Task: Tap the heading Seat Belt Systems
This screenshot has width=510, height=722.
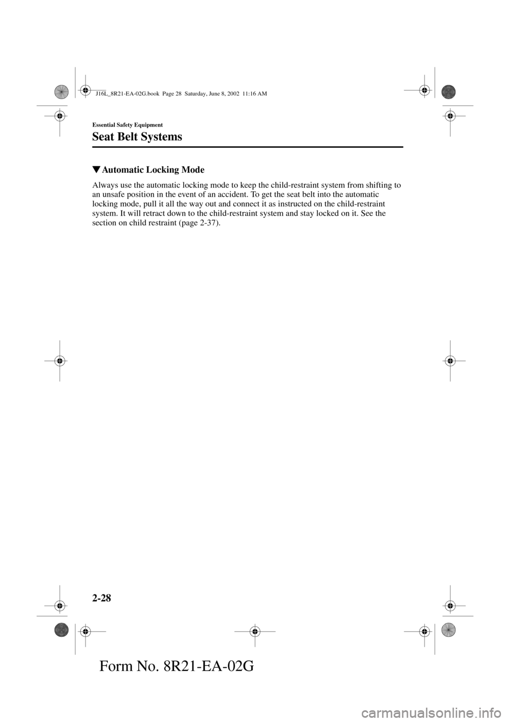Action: point(137,137)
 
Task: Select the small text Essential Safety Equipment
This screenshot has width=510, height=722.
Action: point(127,124)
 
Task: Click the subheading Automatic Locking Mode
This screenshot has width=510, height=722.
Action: point(152,170)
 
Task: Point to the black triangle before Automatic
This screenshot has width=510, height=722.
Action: point(96,170)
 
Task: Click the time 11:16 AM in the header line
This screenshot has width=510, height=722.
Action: point(254,93)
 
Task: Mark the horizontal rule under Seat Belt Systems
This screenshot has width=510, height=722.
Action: point(248,147)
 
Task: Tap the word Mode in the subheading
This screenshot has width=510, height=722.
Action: point(193,170)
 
